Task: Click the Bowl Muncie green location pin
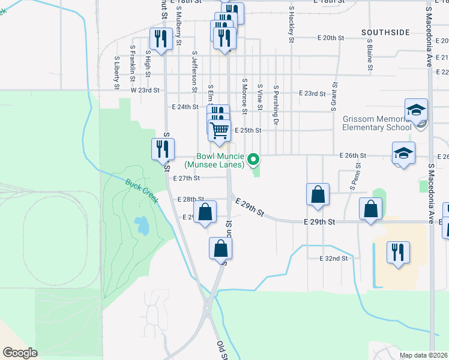253,159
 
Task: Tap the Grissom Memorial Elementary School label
377,123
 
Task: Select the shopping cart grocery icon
220,129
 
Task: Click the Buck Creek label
142,191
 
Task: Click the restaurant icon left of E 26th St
162,148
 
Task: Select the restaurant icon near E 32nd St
397,251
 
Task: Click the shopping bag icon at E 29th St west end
205,212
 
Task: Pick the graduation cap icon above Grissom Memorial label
416,110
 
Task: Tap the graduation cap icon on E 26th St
403,152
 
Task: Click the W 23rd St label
145,91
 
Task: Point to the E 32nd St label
334,259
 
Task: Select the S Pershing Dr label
277,98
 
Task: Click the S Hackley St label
291,25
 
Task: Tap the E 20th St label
330,38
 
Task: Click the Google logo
20,353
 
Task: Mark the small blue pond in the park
142,226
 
